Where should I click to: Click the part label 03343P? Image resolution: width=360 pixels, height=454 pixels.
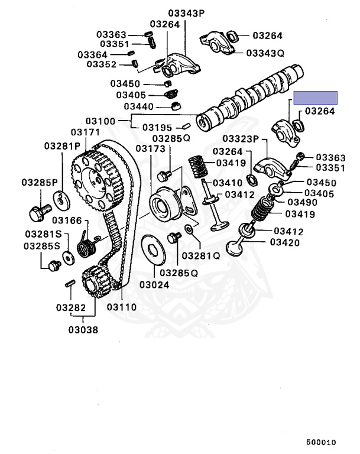185,12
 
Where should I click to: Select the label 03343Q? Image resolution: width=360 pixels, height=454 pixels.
265,53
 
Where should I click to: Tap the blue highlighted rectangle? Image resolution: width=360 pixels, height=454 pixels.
316,98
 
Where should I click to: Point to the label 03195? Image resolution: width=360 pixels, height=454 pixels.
157,128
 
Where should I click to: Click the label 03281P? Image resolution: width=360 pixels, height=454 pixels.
61,145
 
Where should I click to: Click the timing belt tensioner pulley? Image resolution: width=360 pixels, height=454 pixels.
163,204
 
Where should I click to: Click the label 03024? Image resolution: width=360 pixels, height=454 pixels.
154,284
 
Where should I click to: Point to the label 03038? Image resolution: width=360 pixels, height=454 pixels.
83,329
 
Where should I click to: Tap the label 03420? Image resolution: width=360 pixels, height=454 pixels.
284,242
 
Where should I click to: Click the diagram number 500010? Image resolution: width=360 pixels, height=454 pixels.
321,442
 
